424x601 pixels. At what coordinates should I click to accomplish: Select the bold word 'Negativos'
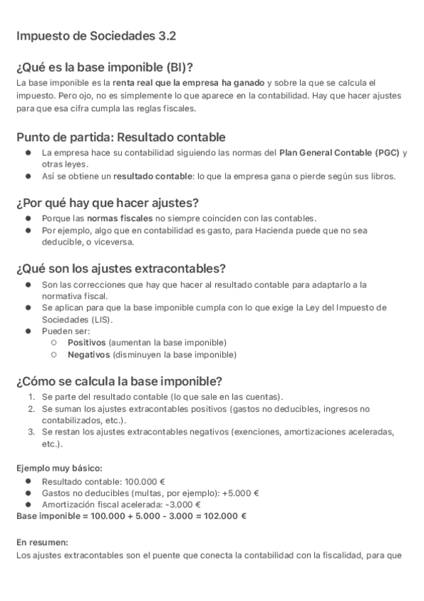(x=87, y=354)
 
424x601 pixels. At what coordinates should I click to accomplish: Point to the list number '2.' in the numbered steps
(x=32, y=409)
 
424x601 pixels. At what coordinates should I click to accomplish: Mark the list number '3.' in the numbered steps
(x=32, y=432)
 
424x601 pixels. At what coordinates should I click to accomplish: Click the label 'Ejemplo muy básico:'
(x=59, y=468)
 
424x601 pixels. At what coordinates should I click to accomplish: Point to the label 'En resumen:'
(x=42, y=542)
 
